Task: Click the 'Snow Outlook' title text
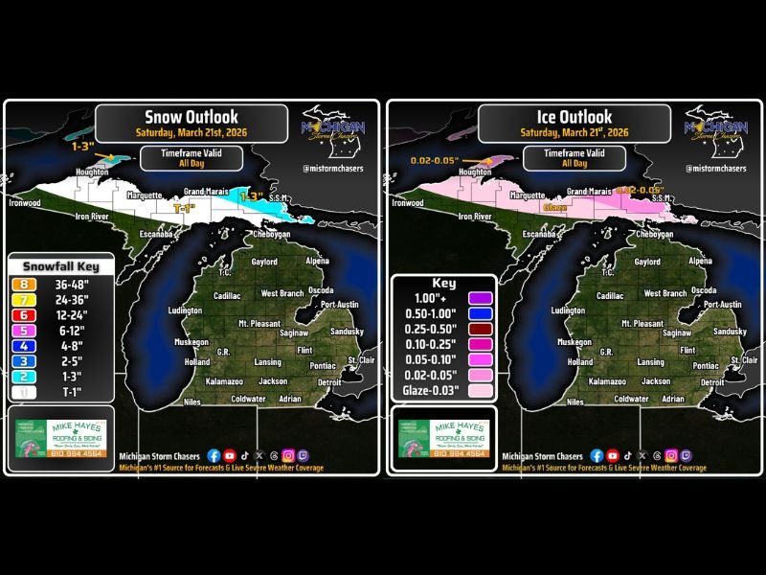click(191, 117)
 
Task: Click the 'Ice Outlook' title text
click(574, 117)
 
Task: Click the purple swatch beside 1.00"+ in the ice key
click(480, 299)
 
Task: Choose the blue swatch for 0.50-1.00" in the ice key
click(480, 314)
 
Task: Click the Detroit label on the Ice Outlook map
click(711, 381)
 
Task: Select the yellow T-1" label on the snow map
click(186, 207)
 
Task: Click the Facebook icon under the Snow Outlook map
click(214, 456)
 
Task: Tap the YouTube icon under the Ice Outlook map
click(612, 456)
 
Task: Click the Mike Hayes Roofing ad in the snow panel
click(60, 439)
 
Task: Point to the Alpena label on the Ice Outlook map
click(702, 261)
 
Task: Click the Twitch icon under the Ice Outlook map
click(686, 456)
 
